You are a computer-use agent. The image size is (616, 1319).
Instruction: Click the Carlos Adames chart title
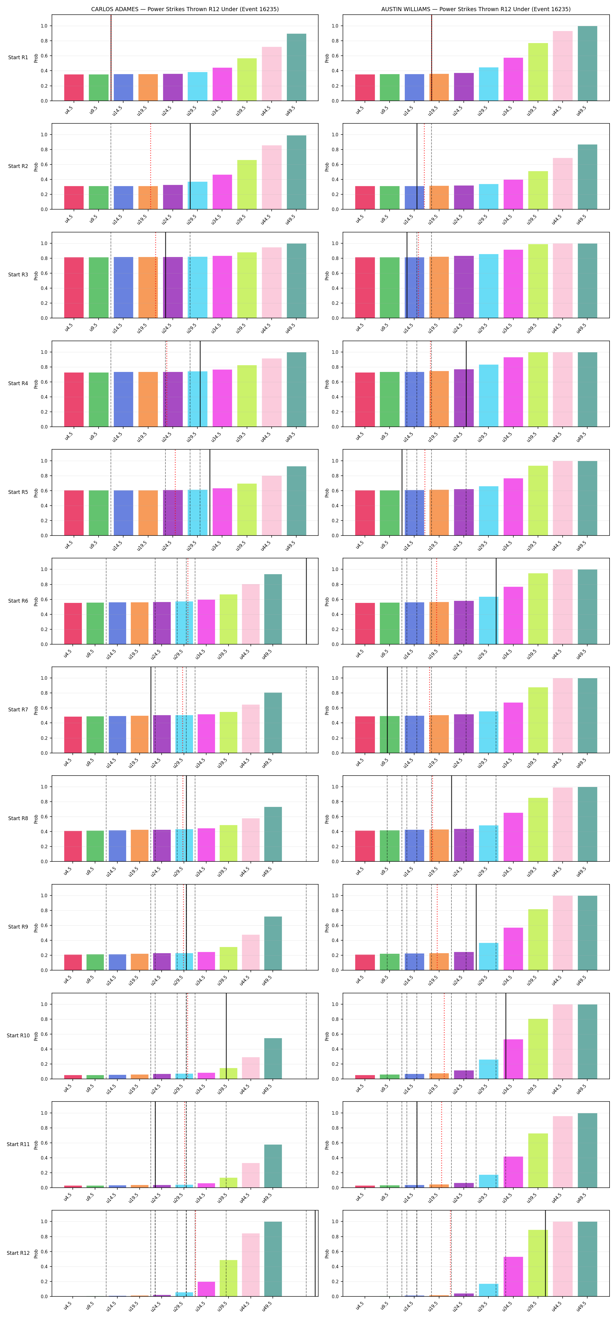tap(185, 9)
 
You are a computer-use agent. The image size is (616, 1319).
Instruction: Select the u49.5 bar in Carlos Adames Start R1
tap(296, 67)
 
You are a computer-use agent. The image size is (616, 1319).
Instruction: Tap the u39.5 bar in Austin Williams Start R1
tap(538, 72)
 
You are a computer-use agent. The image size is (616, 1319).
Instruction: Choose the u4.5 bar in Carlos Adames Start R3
tap(74, 288)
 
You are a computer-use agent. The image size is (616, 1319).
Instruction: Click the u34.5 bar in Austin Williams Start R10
tap(513, 1059)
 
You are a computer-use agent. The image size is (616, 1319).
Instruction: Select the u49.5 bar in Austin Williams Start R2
tap(587, 177)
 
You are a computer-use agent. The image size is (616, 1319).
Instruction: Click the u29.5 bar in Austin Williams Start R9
tap(488, 956)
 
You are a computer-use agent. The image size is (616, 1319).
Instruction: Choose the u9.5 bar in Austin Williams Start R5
tap(390, 513)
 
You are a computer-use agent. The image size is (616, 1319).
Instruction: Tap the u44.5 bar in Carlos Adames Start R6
tap(251, 614)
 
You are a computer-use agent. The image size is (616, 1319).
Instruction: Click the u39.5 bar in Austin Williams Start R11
tap(538, 1161)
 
